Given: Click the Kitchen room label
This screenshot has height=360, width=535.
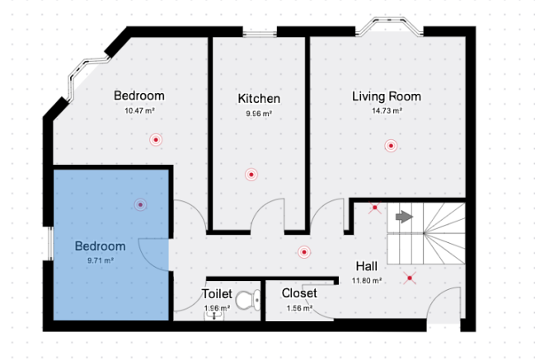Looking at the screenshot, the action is (259, 99).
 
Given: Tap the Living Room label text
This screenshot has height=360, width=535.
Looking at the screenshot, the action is (387, 96).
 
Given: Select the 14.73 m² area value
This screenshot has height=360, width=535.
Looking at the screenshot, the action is (387, 110).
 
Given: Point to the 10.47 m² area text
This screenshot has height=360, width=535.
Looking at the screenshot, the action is (139, 110).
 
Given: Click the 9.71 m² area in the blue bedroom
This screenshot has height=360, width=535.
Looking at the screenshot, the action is (101, 260).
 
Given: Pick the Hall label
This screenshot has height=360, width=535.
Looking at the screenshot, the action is (367, 266).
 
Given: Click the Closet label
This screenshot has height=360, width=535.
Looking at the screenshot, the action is (299, 292).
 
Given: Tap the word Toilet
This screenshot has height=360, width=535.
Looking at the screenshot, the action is (217, 293).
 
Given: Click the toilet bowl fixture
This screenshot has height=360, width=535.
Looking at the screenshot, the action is (248, 300).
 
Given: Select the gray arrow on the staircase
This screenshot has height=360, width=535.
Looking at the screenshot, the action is (404, 217).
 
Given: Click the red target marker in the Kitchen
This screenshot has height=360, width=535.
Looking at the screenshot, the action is (251, 175).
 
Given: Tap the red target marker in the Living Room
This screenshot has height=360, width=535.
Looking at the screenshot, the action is (391, 146).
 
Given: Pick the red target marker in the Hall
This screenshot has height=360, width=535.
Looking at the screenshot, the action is (304, 252).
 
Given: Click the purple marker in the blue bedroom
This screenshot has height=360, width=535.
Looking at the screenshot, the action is (140, 204).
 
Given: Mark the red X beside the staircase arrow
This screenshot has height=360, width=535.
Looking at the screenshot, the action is (374, 208).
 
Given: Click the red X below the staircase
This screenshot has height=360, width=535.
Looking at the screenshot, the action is (410, 278).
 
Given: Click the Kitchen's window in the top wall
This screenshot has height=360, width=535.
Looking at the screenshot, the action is (260, 34).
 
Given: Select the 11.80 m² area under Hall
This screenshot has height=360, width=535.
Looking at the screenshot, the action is (367, 281).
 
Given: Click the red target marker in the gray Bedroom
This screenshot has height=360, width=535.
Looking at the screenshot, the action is (156, 140).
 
